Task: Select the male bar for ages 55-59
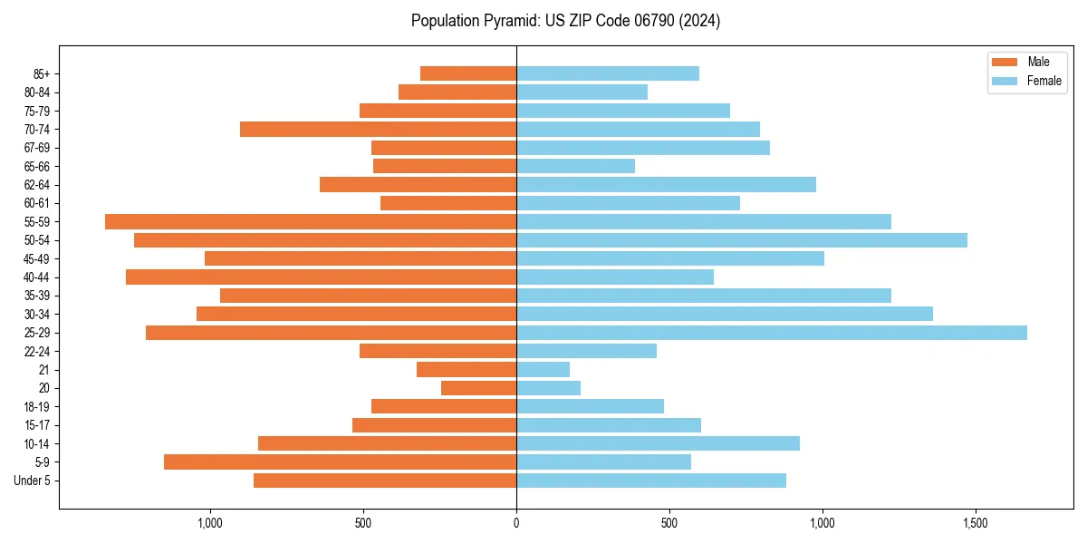(311, 221)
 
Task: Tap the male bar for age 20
(478, 388)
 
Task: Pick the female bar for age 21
(543, 370)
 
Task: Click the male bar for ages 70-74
(378, 129)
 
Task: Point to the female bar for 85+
(608, 73)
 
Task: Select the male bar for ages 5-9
(340, 461)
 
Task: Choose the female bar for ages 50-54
(742, 240)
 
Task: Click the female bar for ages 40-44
(615, 277)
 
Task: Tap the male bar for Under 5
(385, 481)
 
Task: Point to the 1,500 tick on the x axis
(976, 523)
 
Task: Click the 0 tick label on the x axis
(516, 523)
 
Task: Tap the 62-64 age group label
(37, 185)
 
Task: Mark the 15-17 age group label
(37, 425)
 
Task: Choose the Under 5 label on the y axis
(33, 481)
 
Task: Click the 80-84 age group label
(37, 92)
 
